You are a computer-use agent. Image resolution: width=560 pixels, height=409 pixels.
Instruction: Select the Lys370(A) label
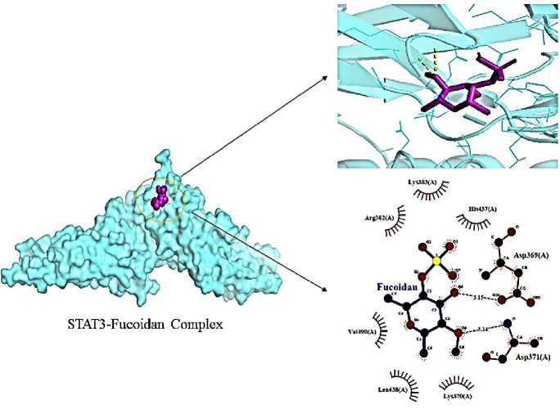pos(457,395)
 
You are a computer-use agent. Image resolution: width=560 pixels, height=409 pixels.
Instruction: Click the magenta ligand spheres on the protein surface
pos(161,196)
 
